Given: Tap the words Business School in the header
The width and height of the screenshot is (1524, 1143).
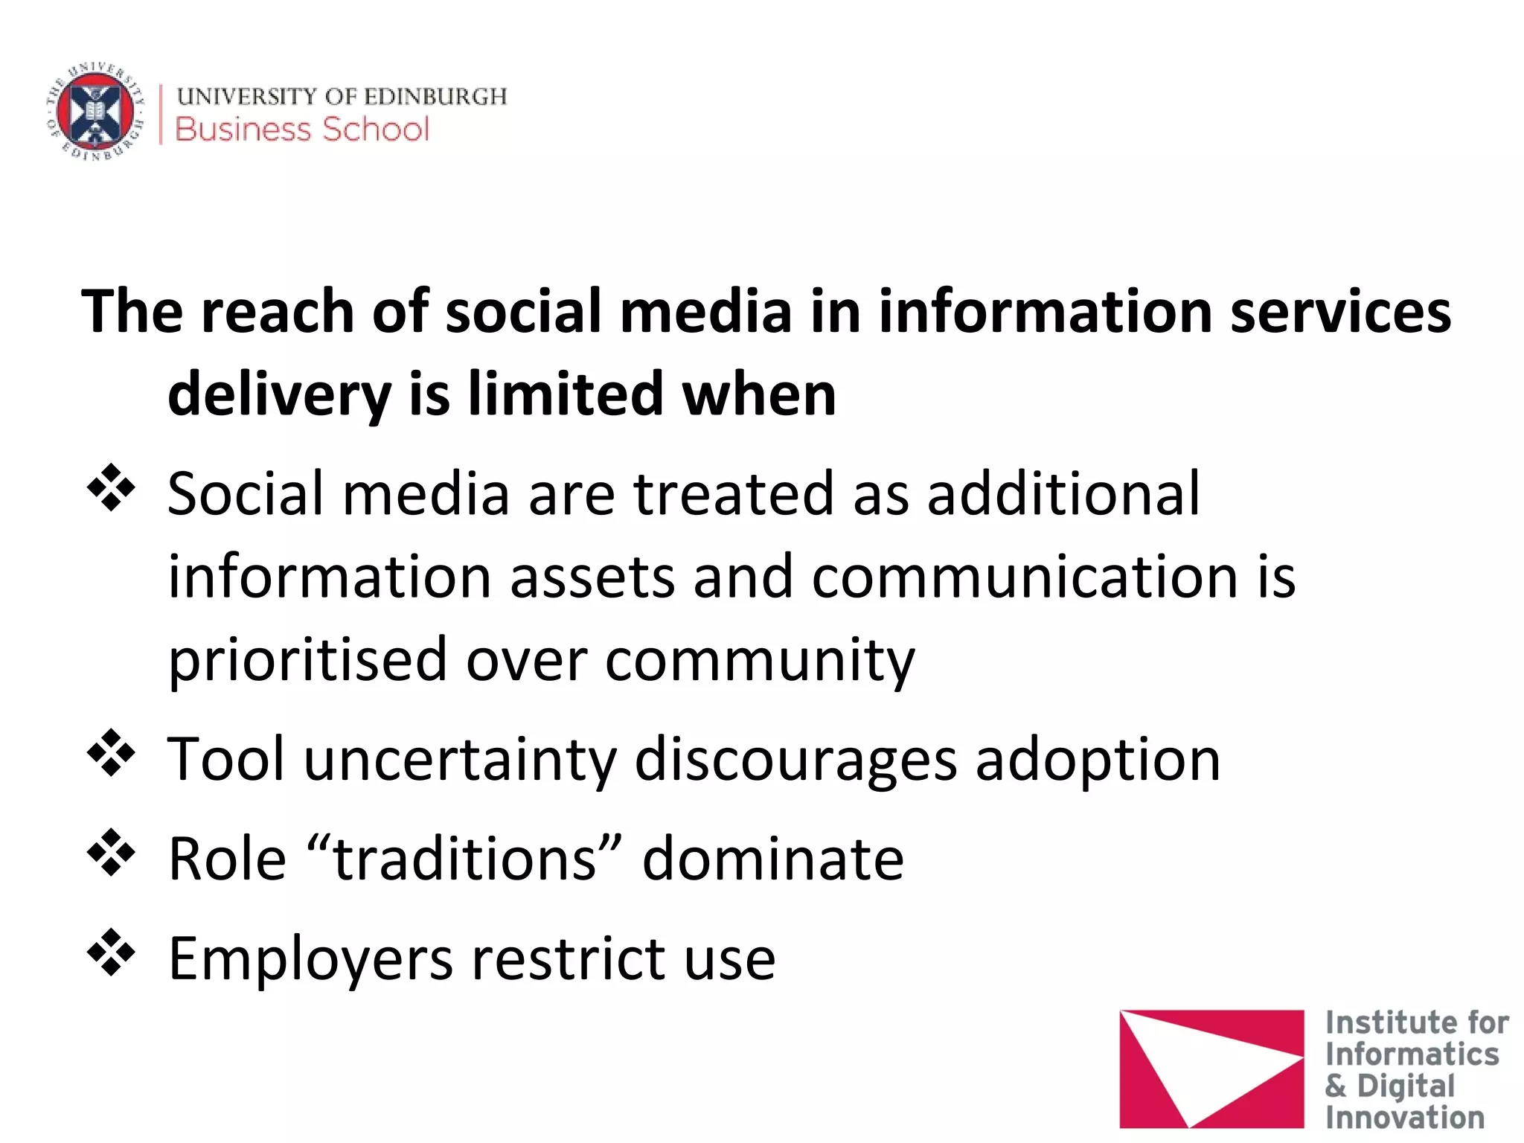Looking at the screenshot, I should [302, 129].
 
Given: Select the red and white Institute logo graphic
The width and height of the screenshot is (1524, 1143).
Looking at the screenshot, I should [1211, 1069].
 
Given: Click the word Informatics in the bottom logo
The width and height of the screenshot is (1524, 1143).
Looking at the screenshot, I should [1412, 1054].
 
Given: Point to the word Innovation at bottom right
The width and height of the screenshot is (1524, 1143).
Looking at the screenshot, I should [1404, 1118].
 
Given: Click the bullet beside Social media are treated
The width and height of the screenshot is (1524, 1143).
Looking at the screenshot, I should [112, 489].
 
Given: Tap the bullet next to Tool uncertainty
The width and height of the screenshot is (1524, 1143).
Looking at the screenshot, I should [112, 754].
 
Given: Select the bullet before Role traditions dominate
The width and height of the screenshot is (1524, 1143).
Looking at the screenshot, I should [112, 853].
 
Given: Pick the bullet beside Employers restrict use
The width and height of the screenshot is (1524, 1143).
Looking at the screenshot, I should [112, 952].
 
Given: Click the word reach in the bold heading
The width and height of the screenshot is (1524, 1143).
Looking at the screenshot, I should [277, 311].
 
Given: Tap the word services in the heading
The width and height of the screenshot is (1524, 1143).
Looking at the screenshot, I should [1340, 311].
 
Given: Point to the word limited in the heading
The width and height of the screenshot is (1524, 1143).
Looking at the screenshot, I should [565, 394].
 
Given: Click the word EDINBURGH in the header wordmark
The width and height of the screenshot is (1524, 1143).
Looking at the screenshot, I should [435, 97].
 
